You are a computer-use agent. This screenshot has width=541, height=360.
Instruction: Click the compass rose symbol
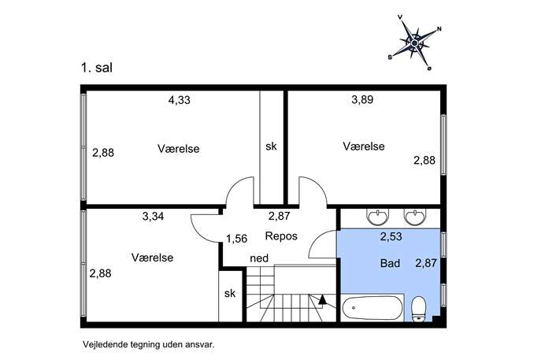415,43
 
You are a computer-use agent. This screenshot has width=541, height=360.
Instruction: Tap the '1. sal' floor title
97,67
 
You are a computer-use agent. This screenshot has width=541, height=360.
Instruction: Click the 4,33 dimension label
179,100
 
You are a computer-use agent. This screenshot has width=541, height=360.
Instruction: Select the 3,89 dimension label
362,99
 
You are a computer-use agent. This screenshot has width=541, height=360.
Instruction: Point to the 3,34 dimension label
153,217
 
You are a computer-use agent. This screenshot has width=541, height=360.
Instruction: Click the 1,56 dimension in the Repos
237,239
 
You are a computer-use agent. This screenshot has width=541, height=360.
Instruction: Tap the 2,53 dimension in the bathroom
391,236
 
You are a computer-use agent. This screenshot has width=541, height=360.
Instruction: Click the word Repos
281,236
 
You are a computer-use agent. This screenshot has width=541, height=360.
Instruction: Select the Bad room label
391,263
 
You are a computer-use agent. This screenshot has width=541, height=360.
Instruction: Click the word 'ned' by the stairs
259,258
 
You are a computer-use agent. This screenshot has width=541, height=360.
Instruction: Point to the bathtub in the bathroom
372,308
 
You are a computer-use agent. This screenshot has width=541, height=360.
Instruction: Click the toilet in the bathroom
420,309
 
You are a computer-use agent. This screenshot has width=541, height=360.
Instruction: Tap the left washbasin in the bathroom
378,217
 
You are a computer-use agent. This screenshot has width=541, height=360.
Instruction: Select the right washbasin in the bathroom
416,217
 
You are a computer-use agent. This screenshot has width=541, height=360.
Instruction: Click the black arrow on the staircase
322,299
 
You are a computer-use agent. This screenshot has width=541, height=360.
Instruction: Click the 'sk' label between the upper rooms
271,147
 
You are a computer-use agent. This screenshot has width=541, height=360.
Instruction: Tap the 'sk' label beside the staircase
230,293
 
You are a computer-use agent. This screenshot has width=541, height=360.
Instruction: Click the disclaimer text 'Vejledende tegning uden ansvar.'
148,344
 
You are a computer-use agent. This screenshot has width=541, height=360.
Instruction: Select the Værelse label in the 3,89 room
364,147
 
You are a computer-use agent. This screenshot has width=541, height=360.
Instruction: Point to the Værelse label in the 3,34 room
152,258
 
